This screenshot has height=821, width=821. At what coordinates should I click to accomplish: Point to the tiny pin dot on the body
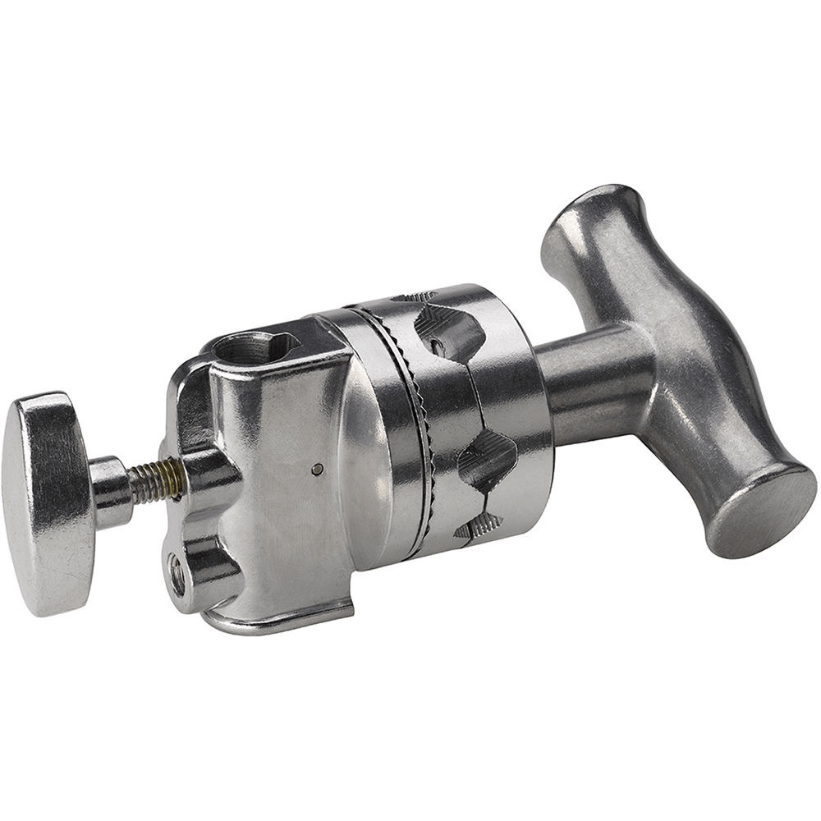pyautogui.click(x=318, y=470)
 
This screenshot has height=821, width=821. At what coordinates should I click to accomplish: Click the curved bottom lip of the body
pyautogui.click(x=279, y=620)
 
